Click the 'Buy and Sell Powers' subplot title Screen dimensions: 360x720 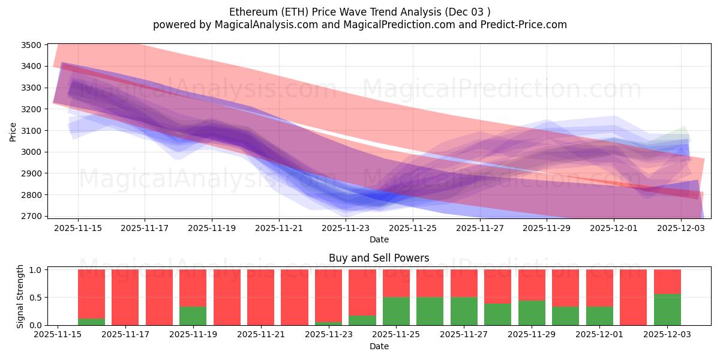(379, 259)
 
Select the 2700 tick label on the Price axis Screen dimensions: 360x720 (31, 216)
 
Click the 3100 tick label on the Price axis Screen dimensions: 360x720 (31, 131)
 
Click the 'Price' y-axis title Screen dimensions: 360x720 (13, 131)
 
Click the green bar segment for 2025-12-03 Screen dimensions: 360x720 (667, 310)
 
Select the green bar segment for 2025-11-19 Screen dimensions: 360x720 (193, 316)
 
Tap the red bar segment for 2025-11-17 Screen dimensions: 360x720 (125, 297)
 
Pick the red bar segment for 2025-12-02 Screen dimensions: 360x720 (633, 297)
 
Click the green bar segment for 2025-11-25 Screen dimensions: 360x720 (396, 311)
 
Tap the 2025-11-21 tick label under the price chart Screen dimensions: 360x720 (278, 228)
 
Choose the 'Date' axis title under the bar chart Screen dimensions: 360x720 (379, 346)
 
